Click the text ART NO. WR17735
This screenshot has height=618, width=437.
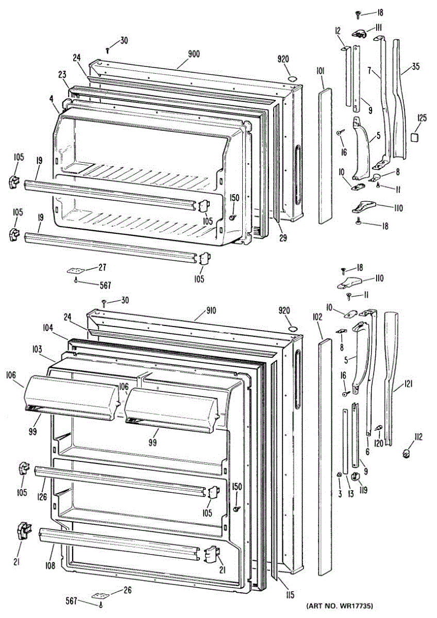tap(340, 605)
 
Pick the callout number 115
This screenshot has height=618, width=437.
tap(290, 595)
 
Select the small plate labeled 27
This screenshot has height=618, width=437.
tap(75, 270)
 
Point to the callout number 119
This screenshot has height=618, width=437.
tap(363, 490)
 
